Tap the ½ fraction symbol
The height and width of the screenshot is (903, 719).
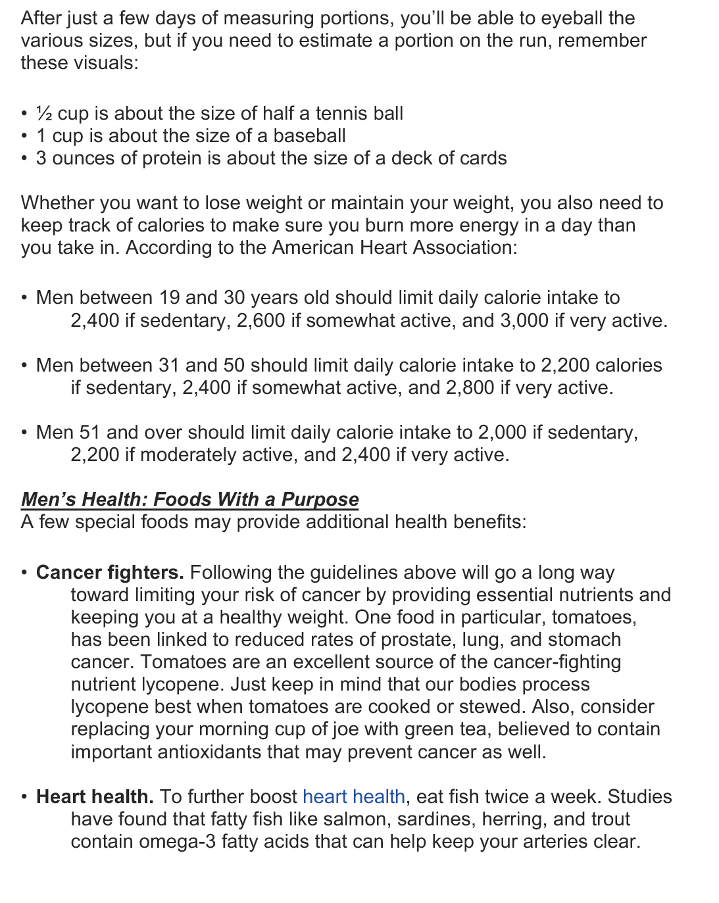tap(44, 114)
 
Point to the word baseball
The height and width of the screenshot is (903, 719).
tap(309, 136)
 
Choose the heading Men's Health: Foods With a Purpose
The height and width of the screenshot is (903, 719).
tap(190, 499)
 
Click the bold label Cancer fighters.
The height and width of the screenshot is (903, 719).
tap(110, 573)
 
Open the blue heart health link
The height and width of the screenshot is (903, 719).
tap(353, 797)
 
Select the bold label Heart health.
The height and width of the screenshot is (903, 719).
tap(95, 797)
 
